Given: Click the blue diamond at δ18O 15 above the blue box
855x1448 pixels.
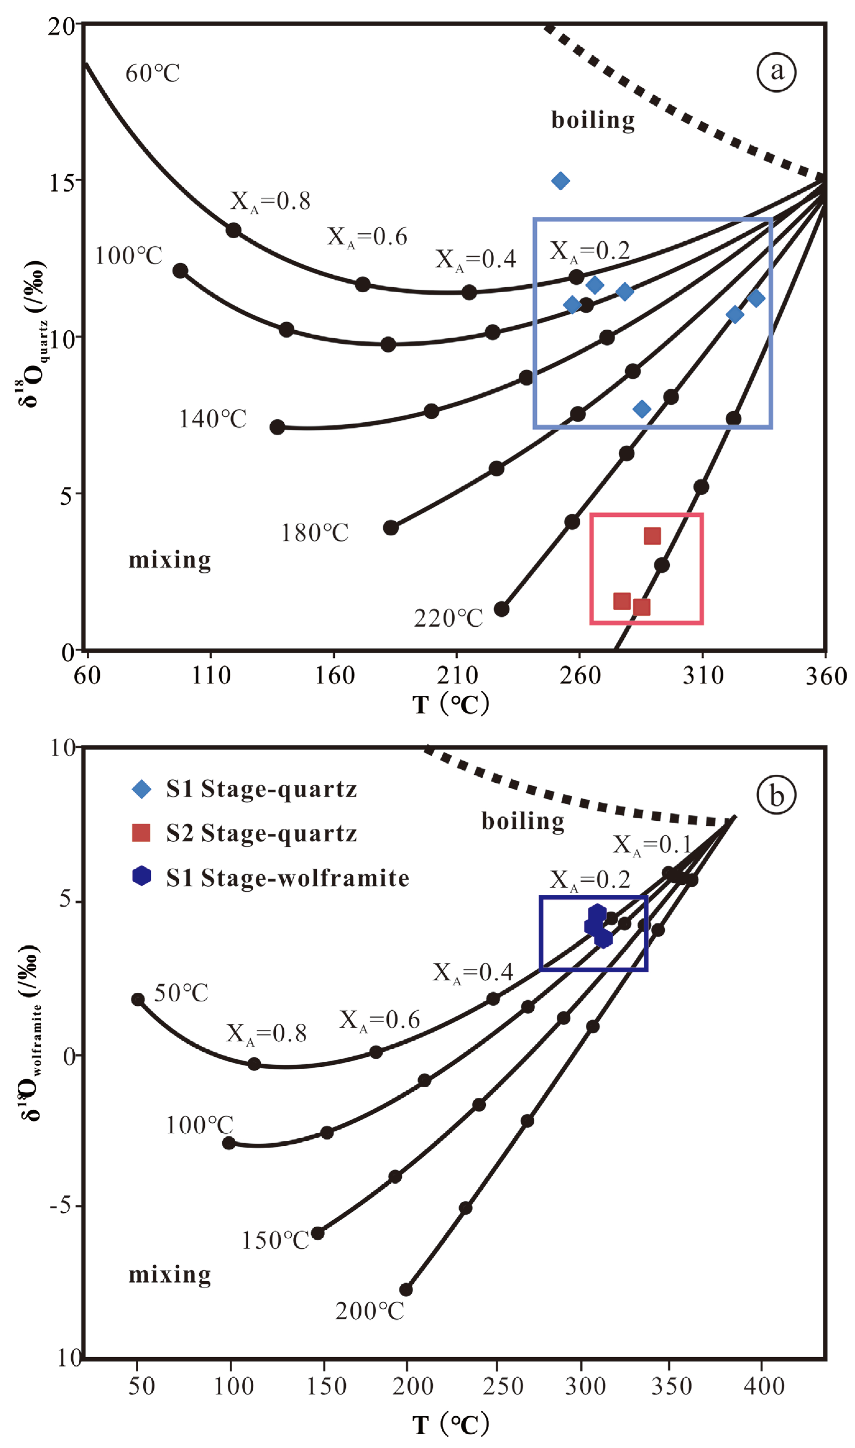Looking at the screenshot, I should [x=560, y=181].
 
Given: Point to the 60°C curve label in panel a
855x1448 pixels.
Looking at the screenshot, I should [x=153, y=73].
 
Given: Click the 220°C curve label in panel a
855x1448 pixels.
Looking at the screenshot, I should [x=448, y=619].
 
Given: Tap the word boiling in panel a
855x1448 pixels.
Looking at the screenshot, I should [x=593, y=120].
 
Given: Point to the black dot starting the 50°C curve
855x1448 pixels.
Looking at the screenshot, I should [x=138, y=999].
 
